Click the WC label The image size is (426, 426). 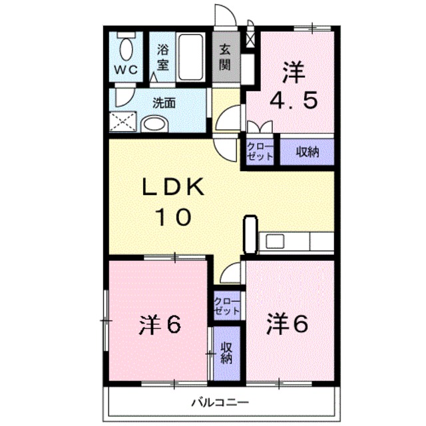pyautogui.click(x=126, y=71)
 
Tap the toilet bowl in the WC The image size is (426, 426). pyautogui.click(x=126, y=49)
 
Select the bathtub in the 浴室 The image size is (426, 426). pyautogui.click(x=190, y=57)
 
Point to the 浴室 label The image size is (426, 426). pyautogui.click(x=162, y=58)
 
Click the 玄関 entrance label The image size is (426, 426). pyautogui.click(x=225, y=58)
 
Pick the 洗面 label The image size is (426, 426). pyautogui.click(x=164, y=103)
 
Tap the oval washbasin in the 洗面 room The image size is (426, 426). pyautogui.click(x=154, y=124)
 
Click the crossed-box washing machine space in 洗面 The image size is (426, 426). pyautogui.click(x=122, y=121)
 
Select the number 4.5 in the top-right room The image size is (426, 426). pyautogui.click(x=294, y=101)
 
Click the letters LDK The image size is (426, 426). pyautogui.click(x=173, y=186)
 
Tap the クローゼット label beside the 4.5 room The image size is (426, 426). pyautogui.click(x=260, y=152)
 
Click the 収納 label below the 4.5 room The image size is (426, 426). pyautogui.click(x=308, y=152)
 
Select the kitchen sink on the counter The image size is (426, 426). pyautogui.click(x=275, y=242)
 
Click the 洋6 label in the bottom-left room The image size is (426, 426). pyautogui.click(x=160, y=325)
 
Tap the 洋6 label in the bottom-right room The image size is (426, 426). pyautogui.click(x=288, y=324)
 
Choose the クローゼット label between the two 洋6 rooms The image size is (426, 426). pyautogui.click(x=227, y=306)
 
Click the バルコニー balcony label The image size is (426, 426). pyautogui.click(x=220, y=402)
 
